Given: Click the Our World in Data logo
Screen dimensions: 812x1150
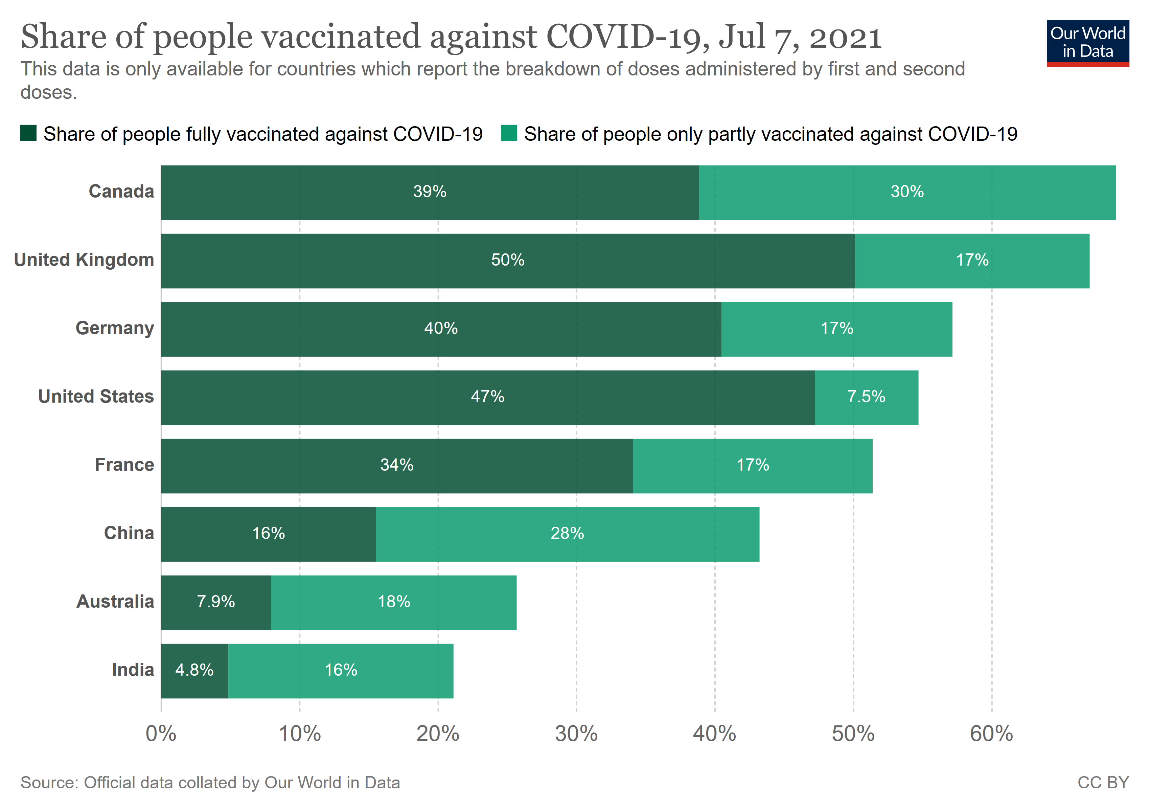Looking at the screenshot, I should point(1087,43).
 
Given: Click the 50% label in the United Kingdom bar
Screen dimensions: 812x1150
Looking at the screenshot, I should point(507,260).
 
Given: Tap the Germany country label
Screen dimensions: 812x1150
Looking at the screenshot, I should point(115,328).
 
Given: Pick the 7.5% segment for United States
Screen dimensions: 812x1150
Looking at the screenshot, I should point(866,397).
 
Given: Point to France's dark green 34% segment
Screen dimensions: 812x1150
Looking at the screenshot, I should point(397,465).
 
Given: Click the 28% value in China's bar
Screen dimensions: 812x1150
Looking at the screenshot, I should point(567,534).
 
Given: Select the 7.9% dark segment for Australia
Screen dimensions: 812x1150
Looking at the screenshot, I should point(216,602).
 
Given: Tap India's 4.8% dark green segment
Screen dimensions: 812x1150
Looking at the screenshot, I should point(194,670).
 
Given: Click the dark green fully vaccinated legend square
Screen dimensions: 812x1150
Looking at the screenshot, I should point(28,134).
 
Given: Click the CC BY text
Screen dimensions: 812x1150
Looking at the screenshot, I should point(1103,783).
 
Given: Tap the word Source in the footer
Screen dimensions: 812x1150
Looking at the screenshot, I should point(49,783).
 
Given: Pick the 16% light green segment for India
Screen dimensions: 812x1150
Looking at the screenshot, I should point(341,670).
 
